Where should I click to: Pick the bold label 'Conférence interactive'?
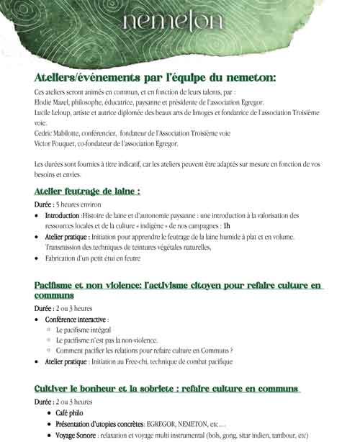tap(76, 318)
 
